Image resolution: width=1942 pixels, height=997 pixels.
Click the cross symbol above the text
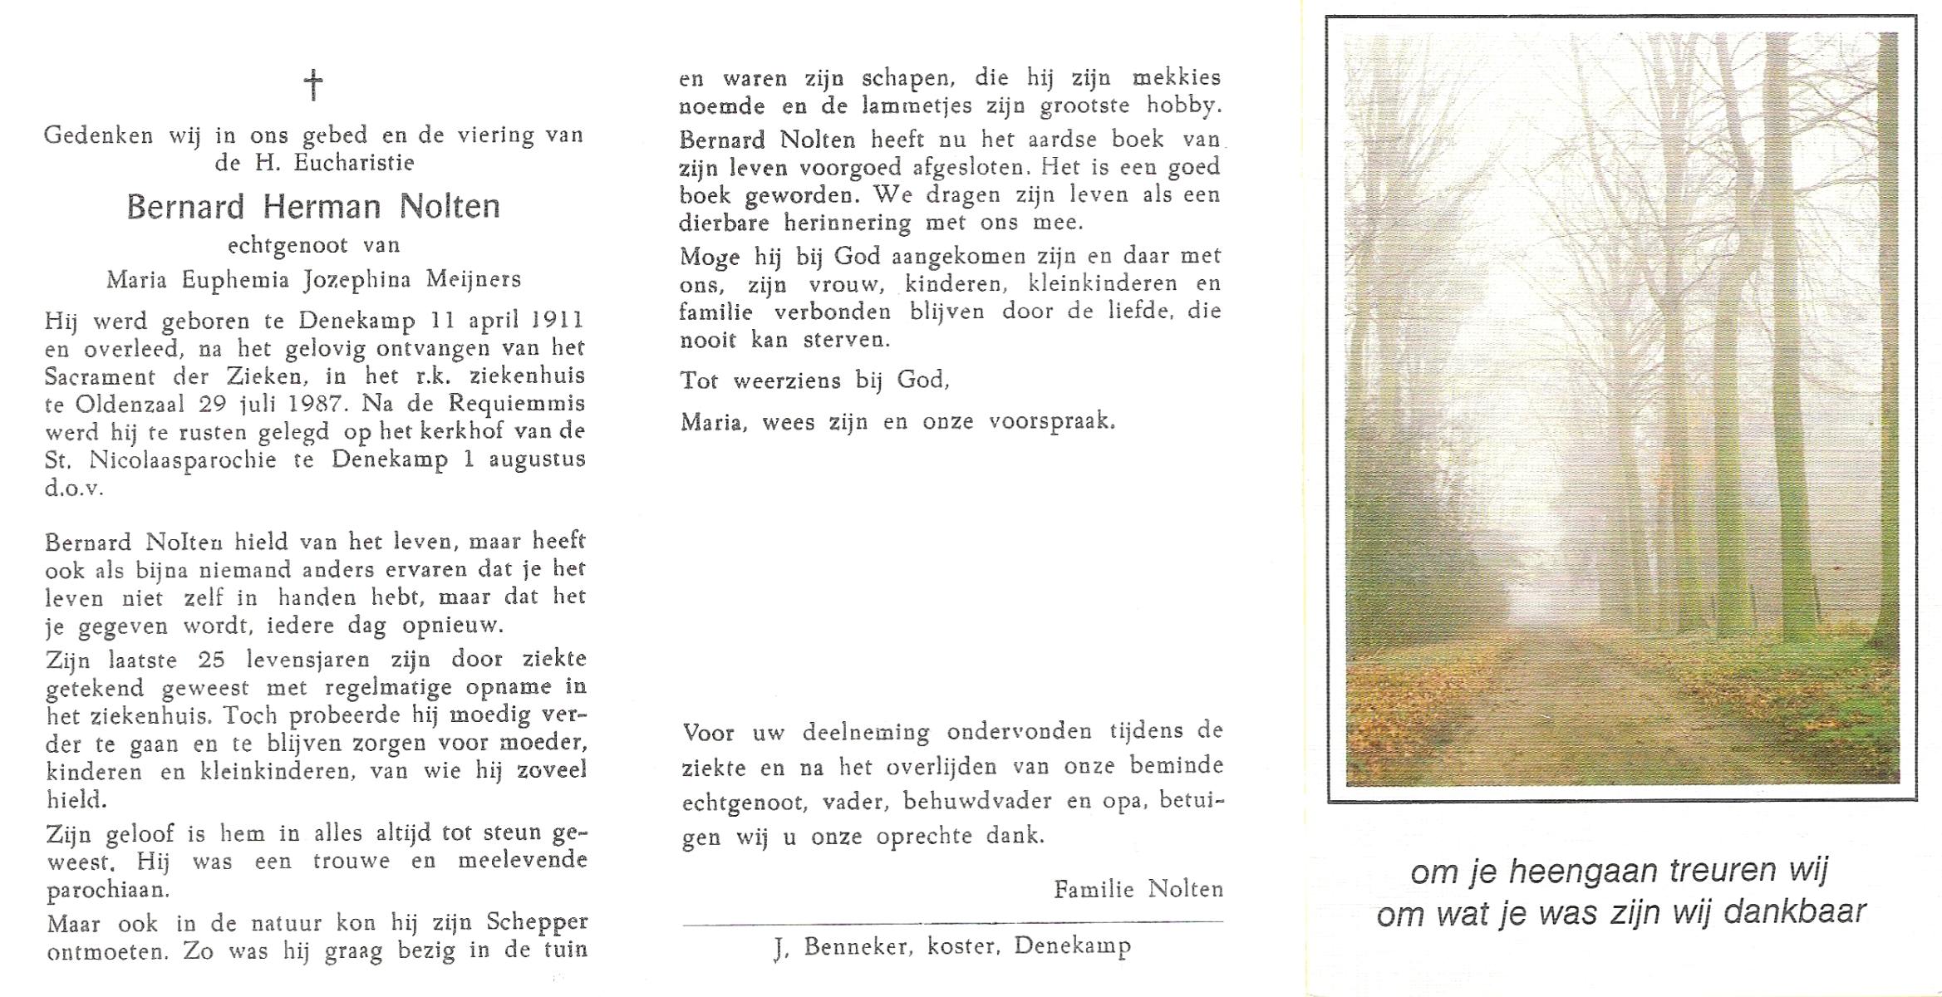coord(313,85)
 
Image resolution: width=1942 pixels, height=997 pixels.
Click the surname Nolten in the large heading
coord(450,207)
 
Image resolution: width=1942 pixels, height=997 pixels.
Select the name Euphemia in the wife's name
coord(235,280)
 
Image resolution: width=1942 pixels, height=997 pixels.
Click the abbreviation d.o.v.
coord(74,488)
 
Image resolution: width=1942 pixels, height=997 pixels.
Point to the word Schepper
coord(538,922)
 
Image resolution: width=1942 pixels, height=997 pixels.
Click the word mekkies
coord(1177,78)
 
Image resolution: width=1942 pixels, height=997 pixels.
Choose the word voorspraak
coord(1051,421)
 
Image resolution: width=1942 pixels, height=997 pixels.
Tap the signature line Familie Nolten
coord(1138,890)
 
